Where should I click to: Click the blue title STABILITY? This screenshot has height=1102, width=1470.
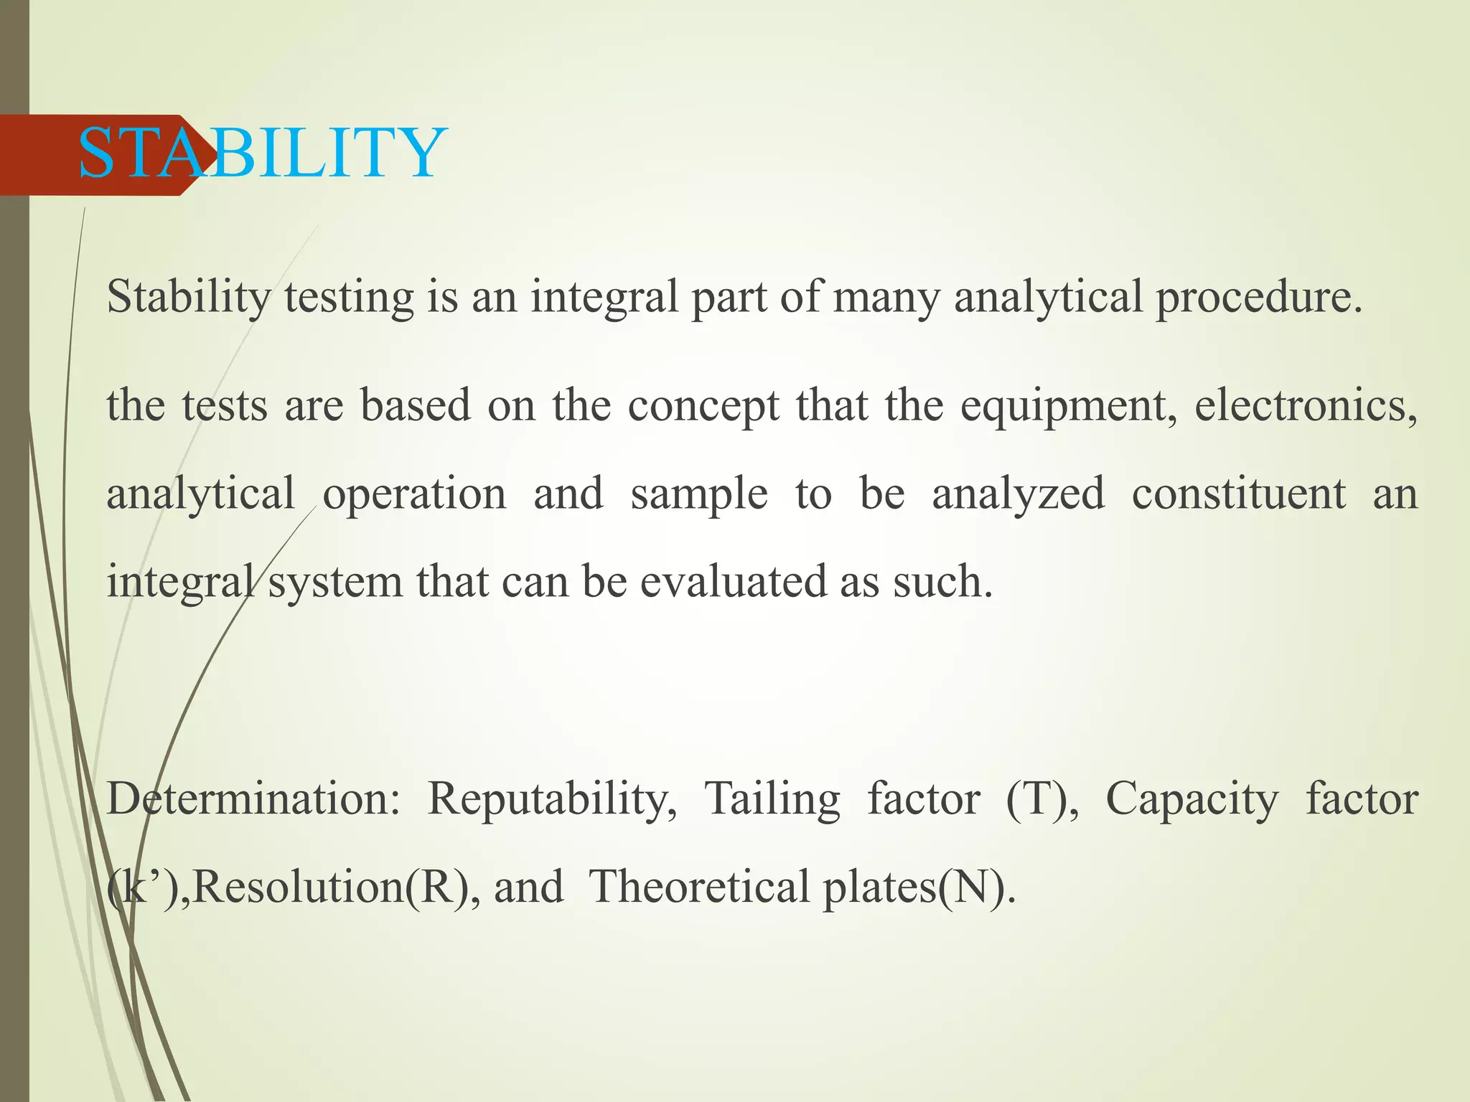pyautogui.click(x=262, y=153)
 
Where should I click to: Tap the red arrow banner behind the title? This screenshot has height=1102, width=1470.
pyautogui.click(x=43, y=154)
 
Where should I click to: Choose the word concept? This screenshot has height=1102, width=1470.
pyautogui.click(x=703, y=406)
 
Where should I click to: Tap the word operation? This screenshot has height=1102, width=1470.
pyautogui.click(x=414, y=494)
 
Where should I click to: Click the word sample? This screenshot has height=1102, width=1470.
pyautogui.click(x=699, y=494)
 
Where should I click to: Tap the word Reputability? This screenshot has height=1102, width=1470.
pyautogui.click(x=552, y=799)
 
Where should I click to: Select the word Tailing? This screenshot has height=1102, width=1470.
pyautogui.click(x=772, y=799)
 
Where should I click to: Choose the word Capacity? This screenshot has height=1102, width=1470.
pyautogui.click(x=1192, y=799)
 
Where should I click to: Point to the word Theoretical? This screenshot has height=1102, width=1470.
pyautogui.click(x=700, y=887)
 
